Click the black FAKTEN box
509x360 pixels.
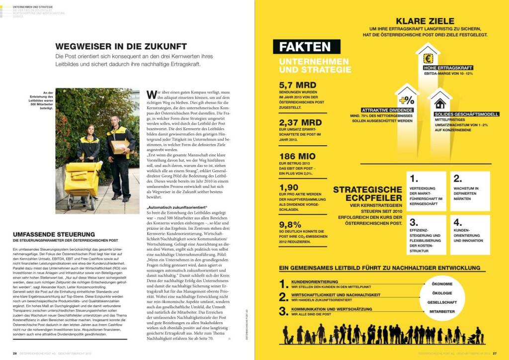coord(305,47)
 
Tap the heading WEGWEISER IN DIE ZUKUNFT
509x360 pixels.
coord(121,47)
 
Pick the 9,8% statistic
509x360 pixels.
coord(290,224)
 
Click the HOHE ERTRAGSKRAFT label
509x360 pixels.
coord(448,68)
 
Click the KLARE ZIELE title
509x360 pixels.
coord(424,21)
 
